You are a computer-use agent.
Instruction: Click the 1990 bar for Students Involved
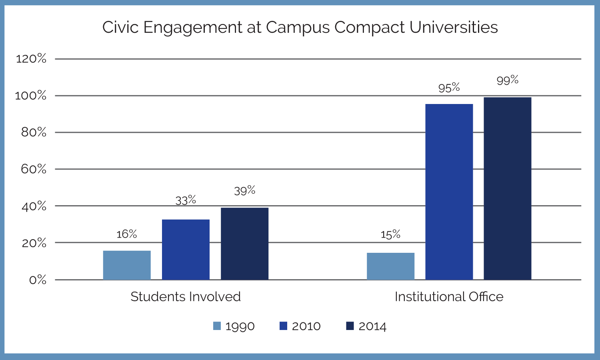tap(127, 265)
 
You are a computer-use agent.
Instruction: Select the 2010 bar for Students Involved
tap(186, 249)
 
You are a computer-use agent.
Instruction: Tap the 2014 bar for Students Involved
tap(244, 244)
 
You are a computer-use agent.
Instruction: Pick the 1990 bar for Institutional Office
tap(390, 266)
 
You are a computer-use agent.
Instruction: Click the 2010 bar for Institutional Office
tap(449, 192)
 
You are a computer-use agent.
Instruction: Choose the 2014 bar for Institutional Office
tap(507, 188)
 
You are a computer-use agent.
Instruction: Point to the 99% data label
tap(507, 80)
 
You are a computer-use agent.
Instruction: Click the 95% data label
tap(449, 88)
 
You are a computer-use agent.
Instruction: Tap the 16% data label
tap(127, 234)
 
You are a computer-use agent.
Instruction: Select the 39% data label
tap(244, 190)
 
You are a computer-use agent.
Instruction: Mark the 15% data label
tap(390, 234)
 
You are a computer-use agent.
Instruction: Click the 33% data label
tap(186, 200)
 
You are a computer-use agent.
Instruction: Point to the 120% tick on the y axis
tap(31, 59)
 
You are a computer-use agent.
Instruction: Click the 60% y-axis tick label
tap(34, 169)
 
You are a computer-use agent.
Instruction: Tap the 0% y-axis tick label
tap(38, 280)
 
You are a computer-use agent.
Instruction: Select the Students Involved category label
tap(185, 296)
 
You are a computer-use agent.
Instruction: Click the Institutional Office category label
tap(449, 296)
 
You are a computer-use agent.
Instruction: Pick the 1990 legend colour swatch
tap(217, 326)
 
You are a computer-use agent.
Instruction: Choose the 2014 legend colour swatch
tap(350, 326)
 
